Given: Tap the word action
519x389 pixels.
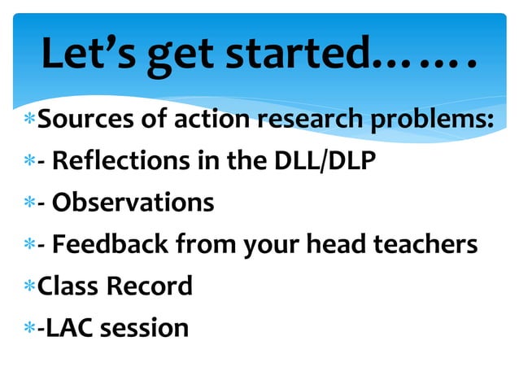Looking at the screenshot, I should click(x=208, y=120).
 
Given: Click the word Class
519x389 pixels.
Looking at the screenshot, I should click(x=68, y=286).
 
